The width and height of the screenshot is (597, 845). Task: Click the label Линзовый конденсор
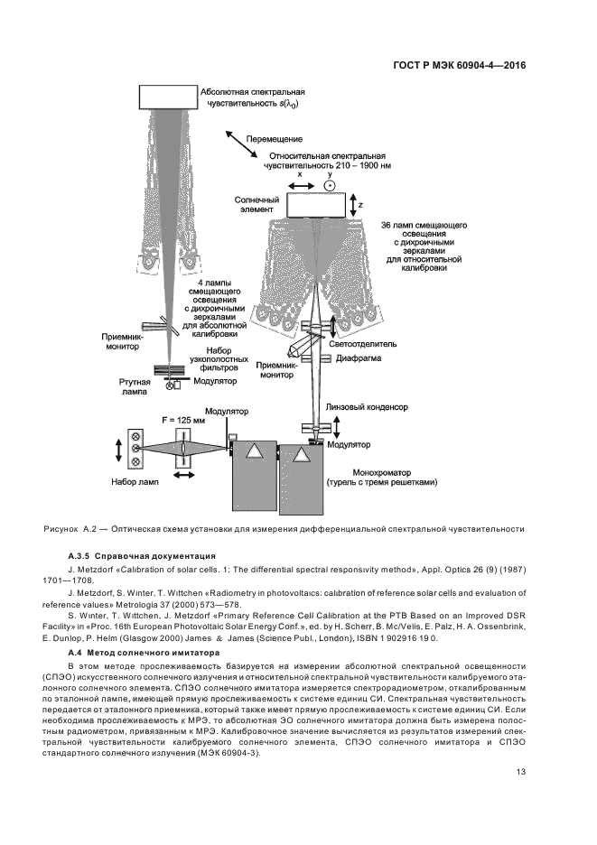(369, 407)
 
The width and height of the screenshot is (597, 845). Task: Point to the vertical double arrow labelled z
(352, 204)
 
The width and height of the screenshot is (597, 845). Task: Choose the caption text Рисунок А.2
(69, 527)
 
